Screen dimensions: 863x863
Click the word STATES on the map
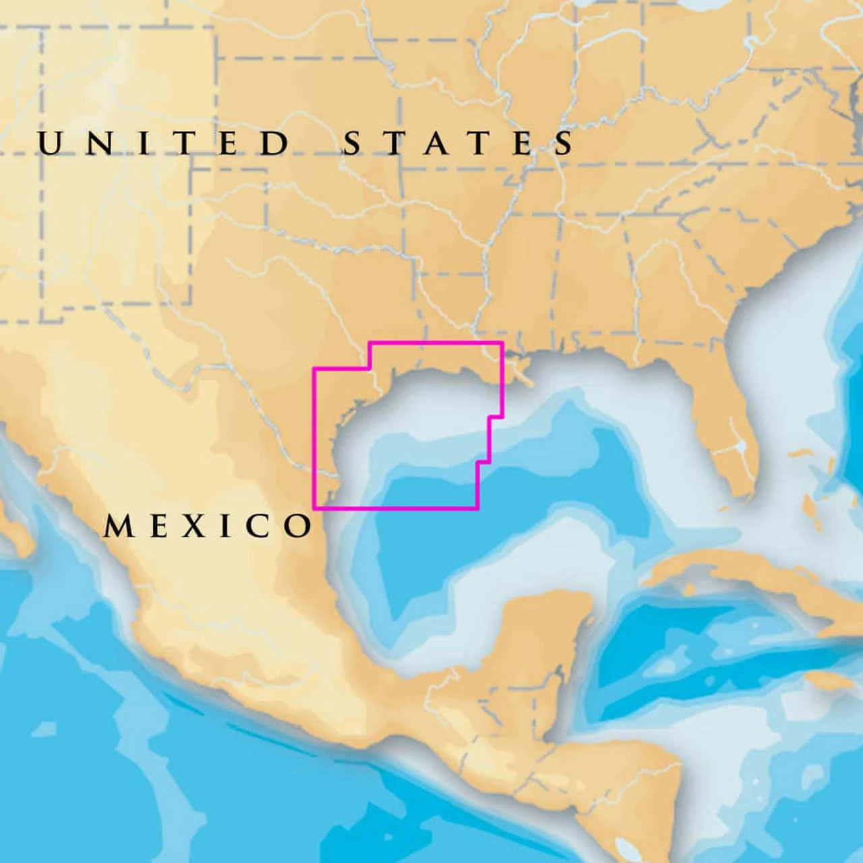click(459, 144)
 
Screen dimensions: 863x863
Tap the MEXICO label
click(208, 526)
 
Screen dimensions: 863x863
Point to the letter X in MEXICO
click(194, 526)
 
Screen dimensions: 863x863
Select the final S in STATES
click(565, 144)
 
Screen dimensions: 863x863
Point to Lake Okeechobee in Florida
click(741, 446)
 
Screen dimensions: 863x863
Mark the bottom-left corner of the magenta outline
click(314, 508)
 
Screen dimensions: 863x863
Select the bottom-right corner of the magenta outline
click(477, 508)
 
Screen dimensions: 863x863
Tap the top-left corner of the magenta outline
click(369, 343)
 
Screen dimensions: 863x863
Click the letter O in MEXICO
click(298, 526)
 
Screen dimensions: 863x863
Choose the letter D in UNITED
click(275, 144)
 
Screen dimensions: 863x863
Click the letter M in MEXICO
click(119, 526)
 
